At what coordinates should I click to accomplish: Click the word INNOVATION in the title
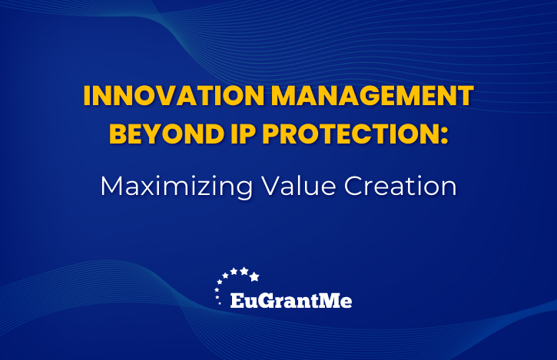tap(174, 95)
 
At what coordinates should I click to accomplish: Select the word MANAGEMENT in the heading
tap(373, 95)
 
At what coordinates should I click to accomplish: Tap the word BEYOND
tap(167, 134)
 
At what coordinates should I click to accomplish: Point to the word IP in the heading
tap(244, 134)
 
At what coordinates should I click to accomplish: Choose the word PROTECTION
tap(349, 134)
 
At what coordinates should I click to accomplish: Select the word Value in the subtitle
tap(298, 186)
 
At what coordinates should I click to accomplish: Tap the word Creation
tap(400, 186)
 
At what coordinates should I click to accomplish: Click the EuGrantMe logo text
tap(291, 301)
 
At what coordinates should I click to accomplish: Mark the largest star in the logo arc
tap(254, 276)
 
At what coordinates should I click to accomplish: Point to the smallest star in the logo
tap(220, 303)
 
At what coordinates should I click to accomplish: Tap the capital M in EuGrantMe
tap(329, 301)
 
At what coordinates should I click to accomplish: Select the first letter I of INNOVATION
tap(86, 95)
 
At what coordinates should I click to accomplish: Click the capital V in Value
tap(271, 186)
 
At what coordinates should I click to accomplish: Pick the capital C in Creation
tap(353, 186)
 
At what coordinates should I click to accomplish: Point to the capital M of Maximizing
tap(112, 186)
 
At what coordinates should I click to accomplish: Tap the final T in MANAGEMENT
tap(465, 95)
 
